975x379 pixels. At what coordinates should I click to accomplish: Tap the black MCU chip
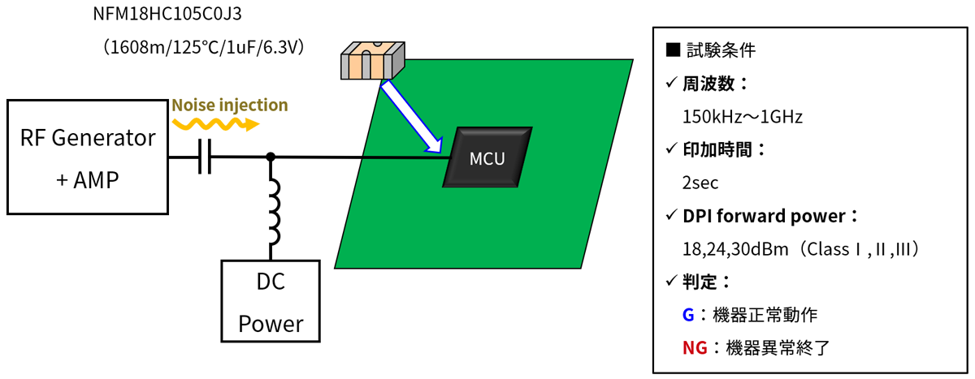(487, 157)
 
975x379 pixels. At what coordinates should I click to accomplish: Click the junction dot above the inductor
(271, 156)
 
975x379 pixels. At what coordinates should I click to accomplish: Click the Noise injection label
(229, 105)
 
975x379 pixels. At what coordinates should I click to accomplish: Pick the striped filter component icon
(370, 60)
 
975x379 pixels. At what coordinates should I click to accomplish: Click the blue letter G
(688, 314)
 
